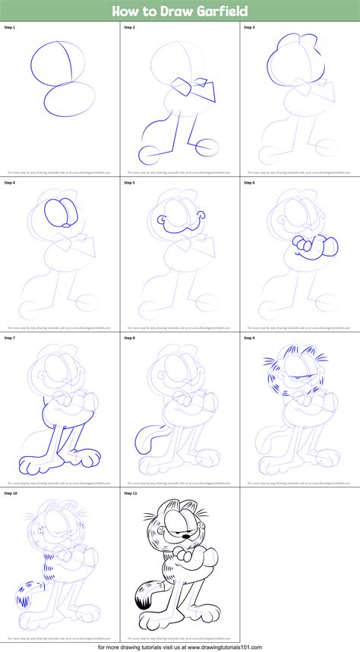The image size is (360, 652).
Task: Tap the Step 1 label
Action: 11,27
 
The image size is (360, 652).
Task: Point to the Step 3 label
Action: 250,27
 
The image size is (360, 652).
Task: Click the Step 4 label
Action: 11,183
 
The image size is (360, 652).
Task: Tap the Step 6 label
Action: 250,183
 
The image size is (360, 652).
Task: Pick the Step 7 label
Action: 11,338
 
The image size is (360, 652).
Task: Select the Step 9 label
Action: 250,338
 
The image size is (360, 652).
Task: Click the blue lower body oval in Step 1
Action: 69,98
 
